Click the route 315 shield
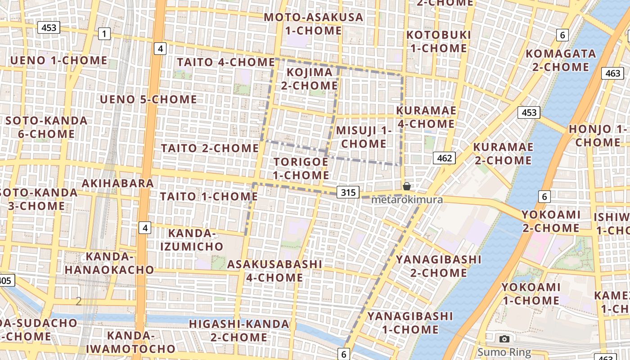click(348, 193)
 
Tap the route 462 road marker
click(444, 157)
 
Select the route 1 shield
click(104, 33)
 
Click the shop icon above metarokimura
click(407, 186)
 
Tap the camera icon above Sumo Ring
click(504, 339)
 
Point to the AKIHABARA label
click(118, 183)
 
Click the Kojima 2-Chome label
click(310, 79)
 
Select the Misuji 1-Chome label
click(364, 137)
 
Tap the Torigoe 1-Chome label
click(301, 168)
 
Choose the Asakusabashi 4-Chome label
click(274, 271)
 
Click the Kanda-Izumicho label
click(195, 240)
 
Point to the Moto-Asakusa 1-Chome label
click(313, 24)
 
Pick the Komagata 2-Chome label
click(561, 60)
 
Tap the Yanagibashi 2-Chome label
click(432, 266)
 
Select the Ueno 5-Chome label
click(148, 99)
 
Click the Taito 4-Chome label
click(226, 62)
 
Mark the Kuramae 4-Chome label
click(426, 117)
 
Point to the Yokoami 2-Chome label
click(551, 221)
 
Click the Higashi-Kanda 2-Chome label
click(239, 330)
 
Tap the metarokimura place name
click(407, 199)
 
